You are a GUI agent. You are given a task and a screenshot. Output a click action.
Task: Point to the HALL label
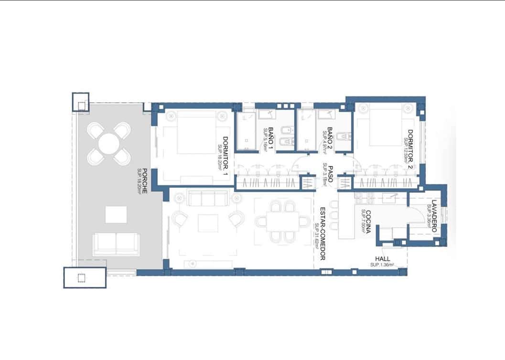coord(383,259)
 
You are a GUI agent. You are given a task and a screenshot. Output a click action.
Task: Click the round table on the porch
coord(109,144)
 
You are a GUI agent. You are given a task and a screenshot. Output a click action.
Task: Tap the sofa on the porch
coord(116,244)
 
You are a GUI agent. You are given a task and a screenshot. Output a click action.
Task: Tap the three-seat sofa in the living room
coord(208,198)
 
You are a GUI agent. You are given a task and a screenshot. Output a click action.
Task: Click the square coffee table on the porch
coord(116,214)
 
